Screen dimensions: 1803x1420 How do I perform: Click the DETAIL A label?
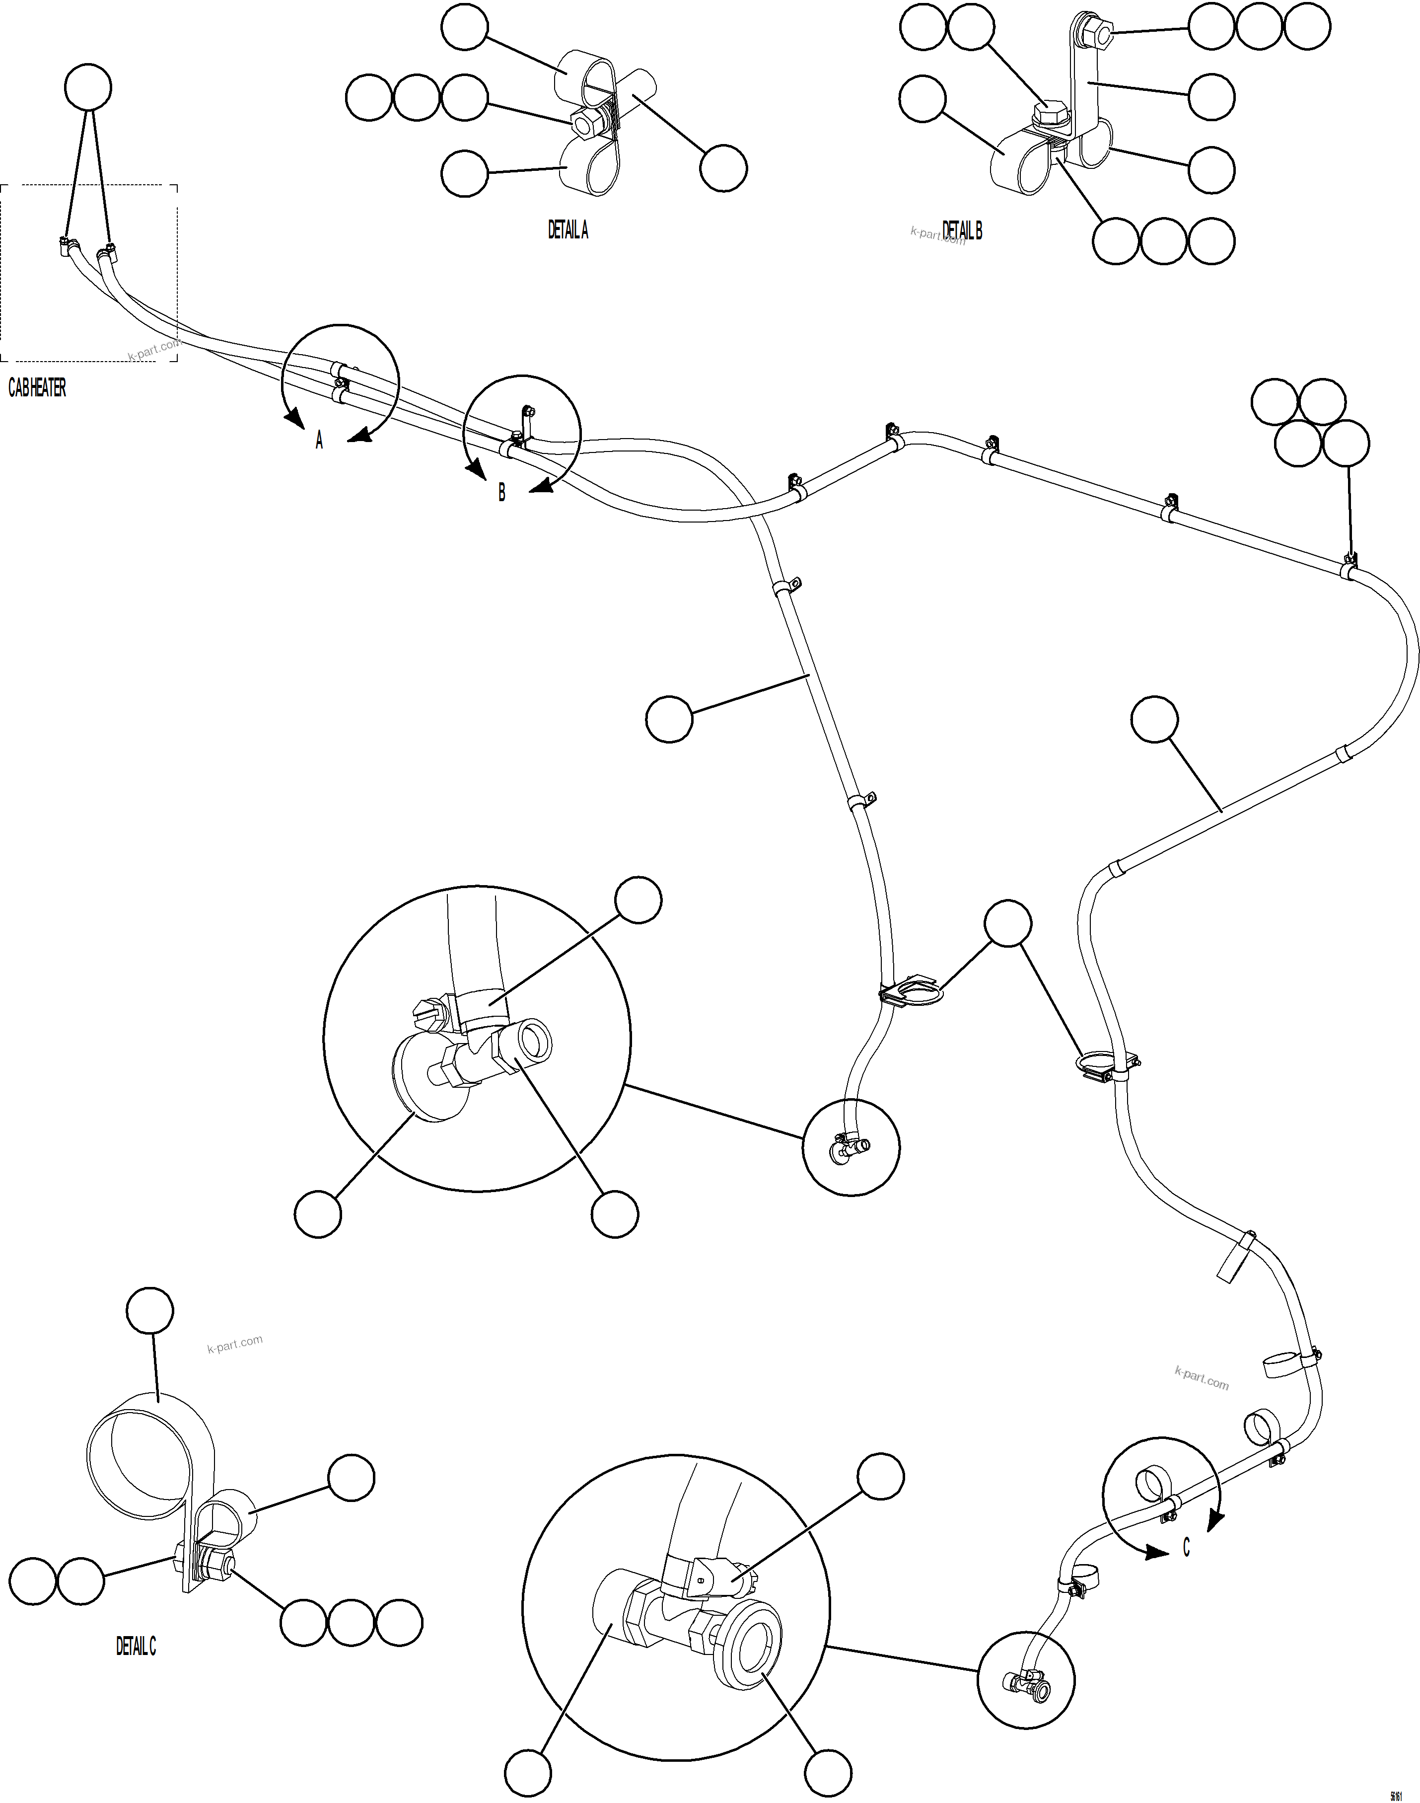click(x=568, y=230)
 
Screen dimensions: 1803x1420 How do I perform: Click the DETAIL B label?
click(x=962, y=230)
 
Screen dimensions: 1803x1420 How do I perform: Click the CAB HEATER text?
click(x=37, y=387)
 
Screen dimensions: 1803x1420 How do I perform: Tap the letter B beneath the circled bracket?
click(x=501, y=492)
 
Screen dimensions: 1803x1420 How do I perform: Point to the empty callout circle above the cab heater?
click(x=88, y=87)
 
